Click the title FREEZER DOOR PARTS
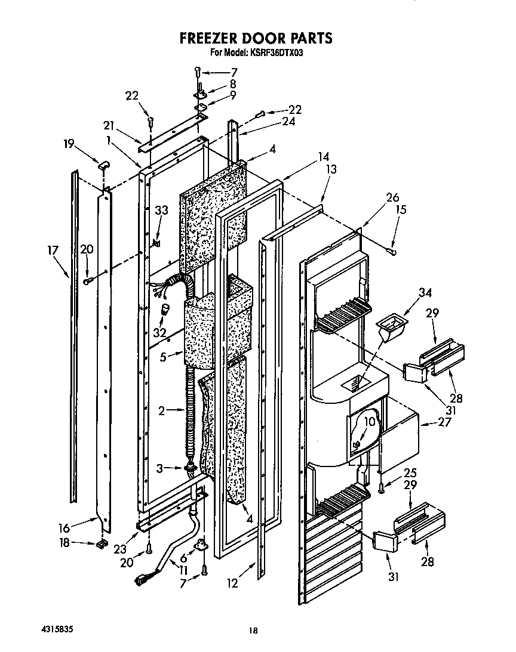256,38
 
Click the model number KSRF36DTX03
278,53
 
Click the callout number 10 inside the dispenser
369,421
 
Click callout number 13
330,170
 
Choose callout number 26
392,197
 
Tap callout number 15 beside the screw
400,209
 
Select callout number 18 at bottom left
66,542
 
